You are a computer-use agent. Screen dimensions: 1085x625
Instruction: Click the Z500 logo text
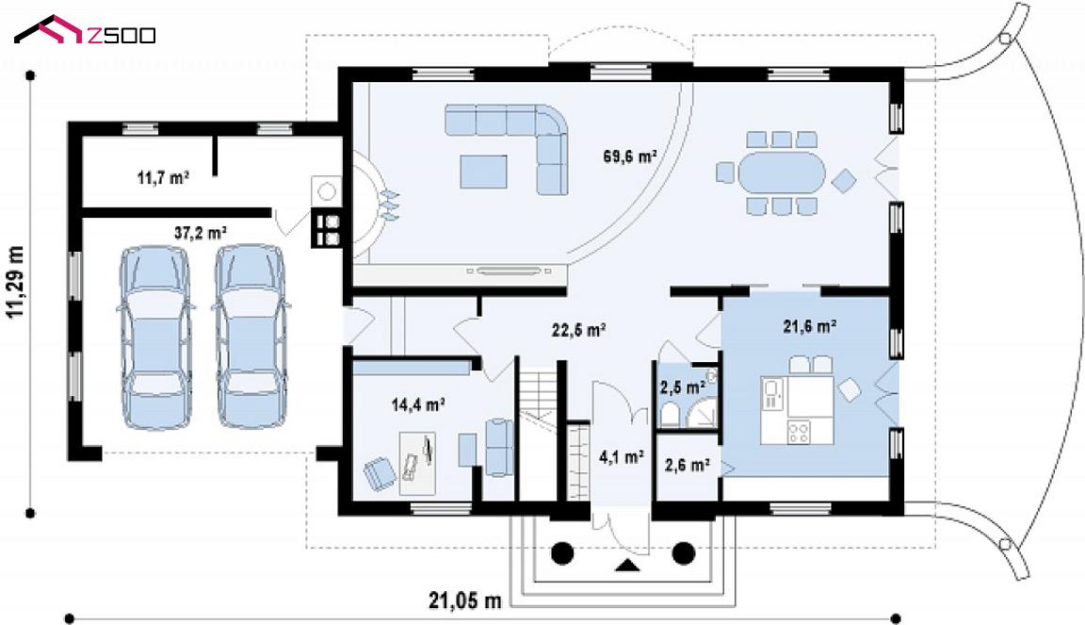pyautogui.click(x=121, y=35)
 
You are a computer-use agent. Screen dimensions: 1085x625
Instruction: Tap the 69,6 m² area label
pyautogui.click(x=630, y=156)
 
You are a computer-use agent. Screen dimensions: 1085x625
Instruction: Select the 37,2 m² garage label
pyautogui.click(x=201, y=233)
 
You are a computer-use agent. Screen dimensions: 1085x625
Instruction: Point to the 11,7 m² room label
pyautogui.click(x=163, y=178)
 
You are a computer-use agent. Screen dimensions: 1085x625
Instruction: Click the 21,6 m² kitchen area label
pyautogui.click(x=810, y=326)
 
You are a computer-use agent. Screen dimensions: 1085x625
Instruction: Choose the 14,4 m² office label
pyautogui.click(x=418, y=404)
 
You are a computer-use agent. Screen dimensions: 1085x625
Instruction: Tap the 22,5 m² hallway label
pyautogui.click(x=579, y=331)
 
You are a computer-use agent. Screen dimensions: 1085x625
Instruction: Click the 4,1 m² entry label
pyautogui.click(x=622, y=457)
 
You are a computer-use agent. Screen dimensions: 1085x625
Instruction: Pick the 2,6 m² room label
pyautogui.click(x=688, y=465)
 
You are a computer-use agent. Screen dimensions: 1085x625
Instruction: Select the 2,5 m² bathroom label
pyautogui.click(x=682, y=387)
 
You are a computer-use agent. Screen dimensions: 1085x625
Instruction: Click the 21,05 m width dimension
pyautogui.click(x=465, y=600)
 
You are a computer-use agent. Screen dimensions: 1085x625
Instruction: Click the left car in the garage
pyautogui.click(x=155, y=337)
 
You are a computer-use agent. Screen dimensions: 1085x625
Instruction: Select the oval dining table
pyautogui.click(x=782, y=173)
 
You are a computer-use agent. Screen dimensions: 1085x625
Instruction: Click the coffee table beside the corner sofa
pyautogui.click(x=484, y=172)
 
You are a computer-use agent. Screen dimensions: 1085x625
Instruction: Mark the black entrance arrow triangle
pyautogui.click(x=627, y=566)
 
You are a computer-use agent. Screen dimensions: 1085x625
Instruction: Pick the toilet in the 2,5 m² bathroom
pyautogui.click(x=670, y=415)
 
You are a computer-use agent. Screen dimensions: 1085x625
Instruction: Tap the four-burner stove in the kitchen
pyautogui.click(x=799, y=432)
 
